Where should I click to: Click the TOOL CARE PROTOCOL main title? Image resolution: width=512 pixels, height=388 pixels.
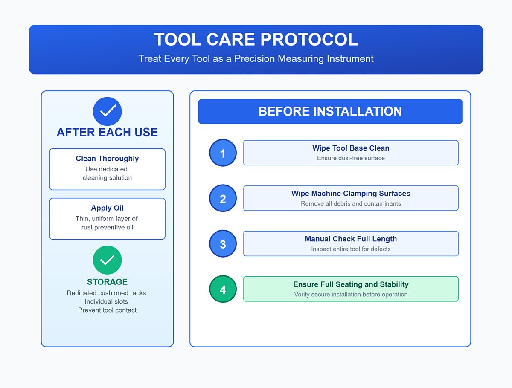coord(256,40)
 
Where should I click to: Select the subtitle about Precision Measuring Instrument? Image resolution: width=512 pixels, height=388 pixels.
coord(256,58)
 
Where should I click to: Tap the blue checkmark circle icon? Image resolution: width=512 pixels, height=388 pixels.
coord(107,111)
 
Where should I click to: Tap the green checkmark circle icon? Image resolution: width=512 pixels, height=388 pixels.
coord(107,260)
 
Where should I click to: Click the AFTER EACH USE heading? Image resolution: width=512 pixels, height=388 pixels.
coord(107,133)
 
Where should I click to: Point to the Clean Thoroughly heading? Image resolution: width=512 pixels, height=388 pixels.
coord(107,159)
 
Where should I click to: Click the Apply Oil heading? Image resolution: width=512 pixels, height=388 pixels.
coord(107,208)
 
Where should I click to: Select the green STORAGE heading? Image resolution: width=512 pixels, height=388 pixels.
coord(107,282)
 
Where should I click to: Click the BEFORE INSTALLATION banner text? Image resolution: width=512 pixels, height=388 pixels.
coord(330,112)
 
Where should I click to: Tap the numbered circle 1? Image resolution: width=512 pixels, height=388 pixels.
coord(223,153)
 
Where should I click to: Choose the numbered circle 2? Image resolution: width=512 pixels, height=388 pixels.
coord(223,198)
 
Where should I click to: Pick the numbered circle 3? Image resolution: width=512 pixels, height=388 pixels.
coord(223,244)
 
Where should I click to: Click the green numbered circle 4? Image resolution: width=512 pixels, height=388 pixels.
coord(223,290)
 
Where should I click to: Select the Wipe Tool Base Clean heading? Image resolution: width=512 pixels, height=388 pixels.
coord(351,148)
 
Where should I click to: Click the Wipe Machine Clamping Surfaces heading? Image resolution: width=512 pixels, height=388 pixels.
coord(351,194)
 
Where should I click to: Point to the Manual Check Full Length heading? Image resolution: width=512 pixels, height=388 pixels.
coord(351,239)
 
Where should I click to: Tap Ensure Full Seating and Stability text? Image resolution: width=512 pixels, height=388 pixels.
coord(351,284)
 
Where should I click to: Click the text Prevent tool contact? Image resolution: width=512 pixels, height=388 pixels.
coord(107,310)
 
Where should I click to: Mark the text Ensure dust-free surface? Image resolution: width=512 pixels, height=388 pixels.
coord(351,158)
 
